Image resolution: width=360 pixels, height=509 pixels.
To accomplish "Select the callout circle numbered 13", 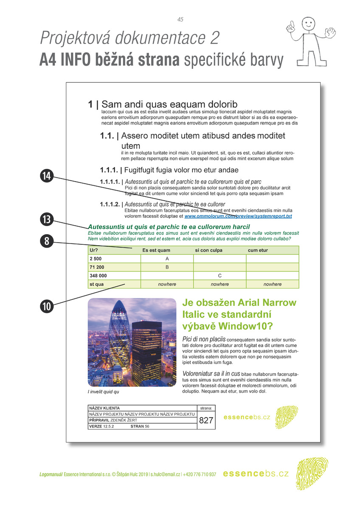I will click(x=47, y=220).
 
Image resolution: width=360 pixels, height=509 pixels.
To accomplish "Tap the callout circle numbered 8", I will click(x=47, y=241).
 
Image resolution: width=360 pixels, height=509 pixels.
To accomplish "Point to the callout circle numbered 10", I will click(x=47, y=305).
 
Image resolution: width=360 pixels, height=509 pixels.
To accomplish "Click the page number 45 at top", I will click(x=180, y=20).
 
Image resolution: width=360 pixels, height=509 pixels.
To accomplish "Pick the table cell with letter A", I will click(x=167, y=259).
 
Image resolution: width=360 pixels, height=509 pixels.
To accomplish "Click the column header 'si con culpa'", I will click(x=209, y=250).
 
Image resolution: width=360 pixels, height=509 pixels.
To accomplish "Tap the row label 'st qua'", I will click(x=96, y=284).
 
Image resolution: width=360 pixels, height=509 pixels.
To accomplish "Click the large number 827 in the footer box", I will click(x=206, y=420).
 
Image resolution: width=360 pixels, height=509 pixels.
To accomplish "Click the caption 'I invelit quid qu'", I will click(x=103, y=392).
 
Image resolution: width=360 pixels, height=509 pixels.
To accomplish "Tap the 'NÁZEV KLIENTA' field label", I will click(x=104, y=408).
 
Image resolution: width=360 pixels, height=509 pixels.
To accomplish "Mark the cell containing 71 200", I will click(x=97, y=267).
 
